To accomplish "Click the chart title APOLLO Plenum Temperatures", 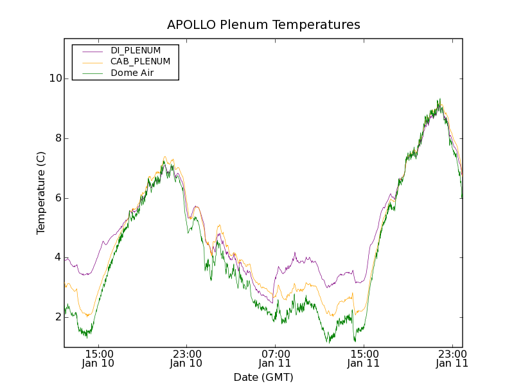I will click(263, 25).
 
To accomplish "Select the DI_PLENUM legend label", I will click(136, 50).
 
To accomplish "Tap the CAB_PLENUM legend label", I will click(140, 62).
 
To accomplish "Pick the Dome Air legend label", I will click(132, 73).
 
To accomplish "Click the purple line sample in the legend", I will click(93, 50).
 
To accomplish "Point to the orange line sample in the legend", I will click(93, 62).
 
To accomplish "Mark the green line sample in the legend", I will click(93, 73).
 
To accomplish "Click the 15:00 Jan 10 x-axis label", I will click(100, 358).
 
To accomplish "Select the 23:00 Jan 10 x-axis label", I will click(186, 358).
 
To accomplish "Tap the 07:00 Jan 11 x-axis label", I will click(275, 358).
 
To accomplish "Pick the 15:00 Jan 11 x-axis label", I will click(364, 358).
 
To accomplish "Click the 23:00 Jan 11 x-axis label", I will click(452, 358).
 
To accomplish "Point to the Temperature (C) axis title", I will click(41, 193).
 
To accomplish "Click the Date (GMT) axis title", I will click(263, 377).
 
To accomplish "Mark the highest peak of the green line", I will click(439, 99).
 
